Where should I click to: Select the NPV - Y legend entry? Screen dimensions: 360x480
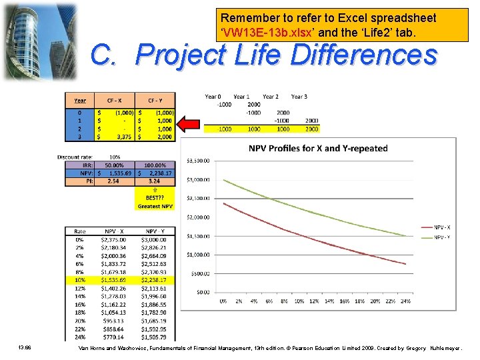tap(441, 237)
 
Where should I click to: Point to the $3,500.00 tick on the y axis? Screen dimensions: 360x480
tap(197, 161)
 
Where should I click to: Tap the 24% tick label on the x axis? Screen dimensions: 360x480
tap(407, 301)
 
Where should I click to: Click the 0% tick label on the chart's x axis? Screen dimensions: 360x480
tap(223, 301)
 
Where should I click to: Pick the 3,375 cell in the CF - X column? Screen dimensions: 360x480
tap(120, 137)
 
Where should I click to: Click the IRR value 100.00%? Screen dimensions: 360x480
tap(156, 165)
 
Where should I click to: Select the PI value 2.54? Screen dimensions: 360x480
tap(113, 180)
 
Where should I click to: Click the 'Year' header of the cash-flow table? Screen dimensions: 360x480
tap(80, 100)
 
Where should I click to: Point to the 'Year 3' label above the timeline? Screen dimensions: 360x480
tap(299, 97)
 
